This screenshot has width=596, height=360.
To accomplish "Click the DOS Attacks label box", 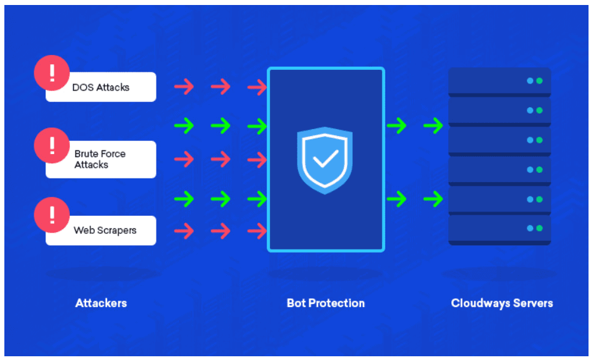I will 101,87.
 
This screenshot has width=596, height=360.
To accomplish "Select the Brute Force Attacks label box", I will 101,159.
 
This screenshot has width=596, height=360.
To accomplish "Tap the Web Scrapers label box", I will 101,230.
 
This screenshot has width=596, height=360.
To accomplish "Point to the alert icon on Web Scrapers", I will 52,215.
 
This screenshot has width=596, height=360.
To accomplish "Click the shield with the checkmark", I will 325,160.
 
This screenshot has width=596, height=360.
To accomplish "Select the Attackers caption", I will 101,303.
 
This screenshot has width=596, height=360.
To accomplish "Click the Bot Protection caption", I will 325,303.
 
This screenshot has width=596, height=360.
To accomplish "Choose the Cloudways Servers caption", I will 502,303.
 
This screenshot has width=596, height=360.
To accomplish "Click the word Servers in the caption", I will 534,303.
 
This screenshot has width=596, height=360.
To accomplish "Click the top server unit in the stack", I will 499,81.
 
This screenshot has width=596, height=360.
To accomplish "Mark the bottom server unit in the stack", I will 499,229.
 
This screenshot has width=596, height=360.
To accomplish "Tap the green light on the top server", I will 539,80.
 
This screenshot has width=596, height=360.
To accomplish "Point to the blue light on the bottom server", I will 530,229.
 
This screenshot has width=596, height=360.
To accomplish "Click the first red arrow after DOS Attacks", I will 184,87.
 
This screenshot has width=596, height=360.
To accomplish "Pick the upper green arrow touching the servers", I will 433,126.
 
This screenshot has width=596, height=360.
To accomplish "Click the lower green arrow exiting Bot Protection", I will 397,199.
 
